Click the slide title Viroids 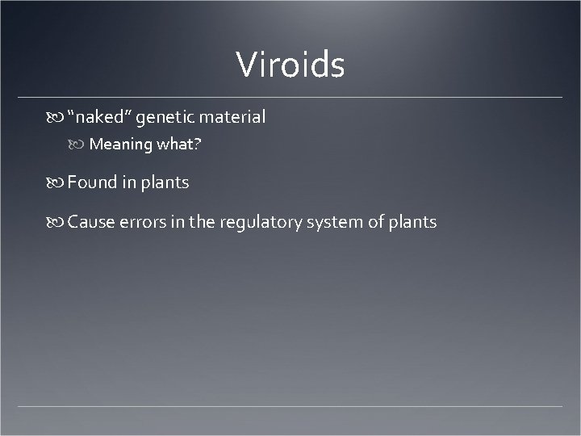coord(290,65)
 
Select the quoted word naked coord(99,117)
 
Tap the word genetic coord(165,117)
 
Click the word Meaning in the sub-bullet coord(121,145)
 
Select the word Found coord(93,182)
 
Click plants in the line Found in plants coord(165,183)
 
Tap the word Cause coord(91,222)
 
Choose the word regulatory coord(263,223)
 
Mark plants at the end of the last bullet coord(412,223)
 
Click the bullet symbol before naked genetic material coord(57,118)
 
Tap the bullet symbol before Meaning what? coord(79,145)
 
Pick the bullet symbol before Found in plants coord(57,183)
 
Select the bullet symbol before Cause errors coord(57,223)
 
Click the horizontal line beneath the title coord(290,98)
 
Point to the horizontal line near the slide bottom coord(290,405)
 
